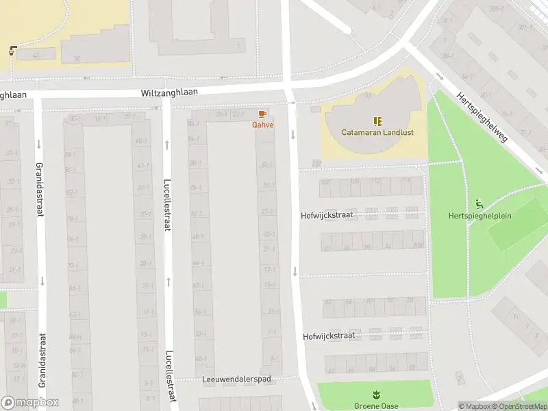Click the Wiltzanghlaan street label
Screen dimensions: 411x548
click(169, 92)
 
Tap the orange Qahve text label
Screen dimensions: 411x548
click(262, 125)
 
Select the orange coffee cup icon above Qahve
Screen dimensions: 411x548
click(262, 114)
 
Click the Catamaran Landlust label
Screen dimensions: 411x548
click(377, 132)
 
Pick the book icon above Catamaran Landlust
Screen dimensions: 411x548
click(377, 121)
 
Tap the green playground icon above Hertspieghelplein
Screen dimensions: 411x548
click(479, 203)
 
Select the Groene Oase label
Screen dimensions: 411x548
click(376, 406)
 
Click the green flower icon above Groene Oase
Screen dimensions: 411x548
click(375, 395)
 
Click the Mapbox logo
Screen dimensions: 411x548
click(30, 403)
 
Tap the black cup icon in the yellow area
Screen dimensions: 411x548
click(13, 50)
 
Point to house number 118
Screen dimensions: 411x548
click(406, 181)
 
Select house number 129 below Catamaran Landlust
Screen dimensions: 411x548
click(316, 163)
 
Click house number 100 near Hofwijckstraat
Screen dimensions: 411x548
click(325, 182)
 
